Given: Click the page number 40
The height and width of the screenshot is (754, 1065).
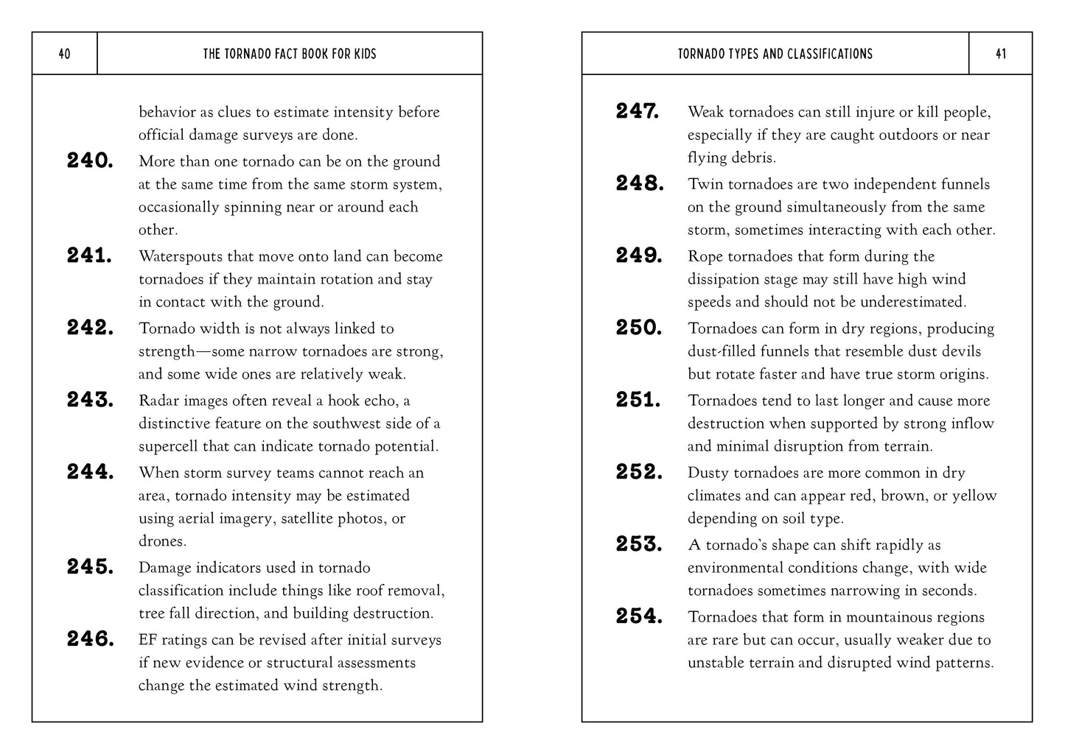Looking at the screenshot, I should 64,54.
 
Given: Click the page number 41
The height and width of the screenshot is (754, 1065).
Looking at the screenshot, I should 1000,54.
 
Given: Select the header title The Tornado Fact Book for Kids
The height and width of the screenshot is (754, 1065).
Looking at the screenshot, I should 289,54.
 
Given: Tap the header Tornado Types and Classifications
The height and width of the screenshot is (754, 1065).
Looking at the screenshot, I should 775,54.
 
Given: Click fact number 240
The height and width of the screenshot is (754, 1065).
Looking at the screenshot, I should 90,161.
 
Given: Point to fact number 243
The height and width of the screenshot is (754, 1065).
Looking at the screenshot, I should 90,400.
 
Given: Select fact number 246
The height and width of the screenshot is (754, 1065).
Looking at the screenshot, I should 90,639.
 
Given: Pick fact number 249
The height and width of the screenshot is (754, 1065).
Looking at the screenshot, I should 639,256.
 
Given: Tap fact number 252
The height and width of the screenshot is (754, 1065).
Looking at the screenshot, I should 639,472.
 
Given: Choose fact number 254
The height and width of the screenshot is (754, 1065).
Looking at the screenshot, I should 639,616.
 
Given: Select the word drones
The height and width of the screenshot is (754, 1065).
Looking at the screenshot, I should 162,541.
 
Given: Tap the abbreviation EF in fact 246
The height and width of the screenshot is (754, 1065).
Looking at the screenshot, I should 147,640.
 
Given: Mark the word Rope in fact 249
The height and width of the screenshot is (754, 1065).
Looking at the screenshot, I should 705,256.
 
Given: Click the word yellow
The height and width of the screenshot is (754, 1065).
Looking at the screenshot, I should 974,496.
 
